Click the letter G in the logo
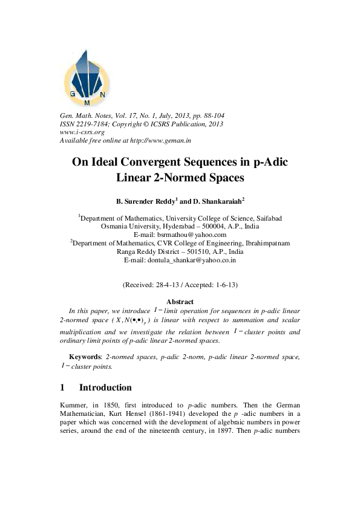tap(73, 94)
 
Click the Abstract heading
tap(180, 302)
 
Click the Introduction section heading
tap(105, 387)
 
